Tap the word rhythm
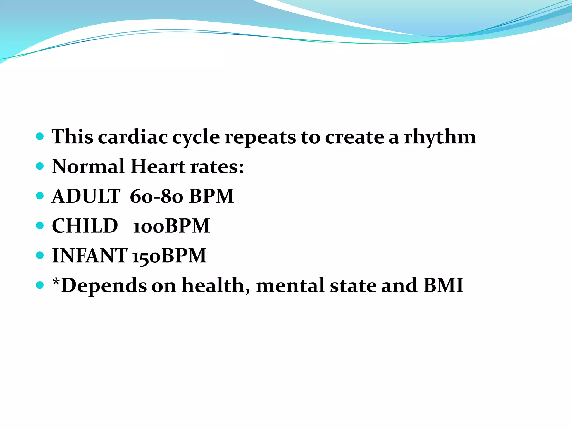(440, 137)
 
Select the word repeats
(260, 137)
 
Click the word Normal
(88, 166)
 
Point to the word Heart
(158, 166)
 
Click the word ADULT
(86, 196)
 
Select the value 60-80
(156, 196)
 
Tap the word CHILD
(85, 226)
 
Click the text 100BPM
(171, 226)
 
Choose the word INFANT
(89, 255)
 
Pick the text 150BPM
(169, 256)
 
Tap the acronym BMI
(443, 285)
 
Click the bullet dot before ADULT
(40, 196)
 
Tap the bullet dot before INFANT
(40, 255)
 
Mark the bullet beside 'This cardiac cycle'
(40, 137)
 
